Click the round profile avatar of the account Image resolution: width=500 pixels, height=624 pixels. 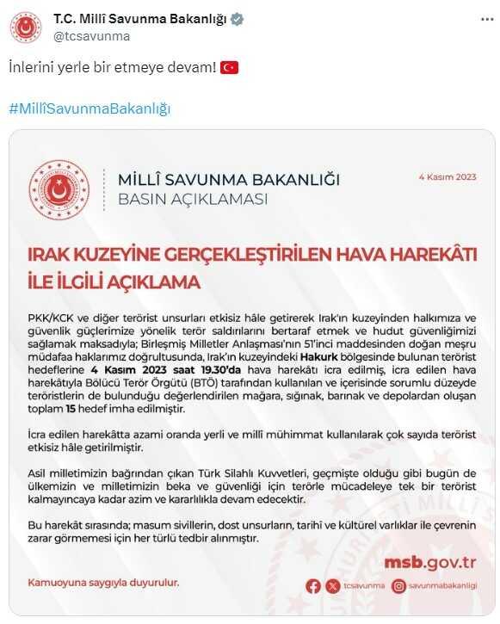27,28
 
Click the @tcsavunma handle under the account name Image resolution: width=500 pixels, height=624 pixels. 91,36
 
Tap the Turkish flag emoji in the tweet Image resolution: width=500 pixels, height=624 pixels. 229,67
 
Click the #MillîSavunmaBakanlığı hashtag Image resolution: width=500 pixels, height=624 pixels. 90,108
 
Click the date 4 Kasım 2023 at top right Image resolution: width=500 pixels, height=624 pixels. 448,177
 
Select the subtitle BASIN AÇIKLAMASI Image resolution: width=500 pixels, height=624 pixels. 192,200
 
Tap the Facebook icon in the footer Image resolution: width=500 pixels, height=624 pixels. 313,586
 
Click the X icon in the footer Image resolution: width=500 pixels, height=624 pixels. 334,586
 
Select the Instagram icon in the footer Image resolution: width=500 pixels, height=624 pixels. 398,586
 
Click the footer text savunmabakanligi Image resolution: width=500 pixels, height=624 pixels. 442,586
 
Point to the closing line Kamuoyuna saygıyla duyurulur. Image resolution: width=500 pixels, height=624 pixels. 103,583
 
